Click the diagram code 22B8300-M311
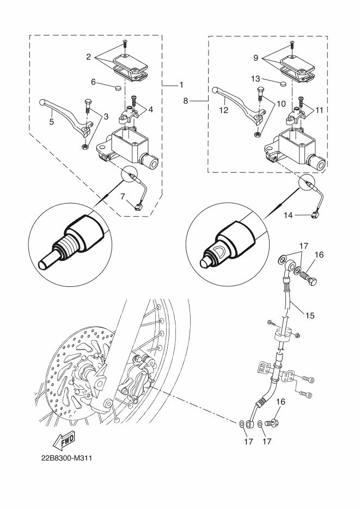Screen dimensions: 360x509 click(x=66, y=458)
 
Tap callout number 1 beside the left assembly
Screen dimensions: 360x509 click(x=181, y=85)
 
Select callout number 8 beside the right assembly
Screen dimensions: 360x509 click(x=185, y=101)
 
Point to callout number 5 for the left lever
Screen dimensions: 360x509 click(x=52, y=122)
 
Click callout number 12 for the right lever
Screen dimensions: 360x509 click(x=224, y=110)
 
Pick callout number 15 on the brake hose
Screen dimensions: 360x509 click(x=310, y=315)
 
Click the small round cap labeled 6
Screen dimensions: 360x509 click(x=118, y=87)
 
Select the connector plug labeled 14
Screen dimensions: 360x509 click(x=314, y=215)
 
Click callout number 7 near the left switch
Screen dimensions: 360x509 click(x=123, y=197)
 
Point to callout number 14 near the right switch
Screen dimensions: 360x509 click(x=288, y=215)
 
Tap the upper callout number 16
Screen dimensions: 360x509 click(x=319, y=255)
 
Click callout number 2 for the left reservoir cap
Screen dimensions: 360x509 click(x=89, y=57)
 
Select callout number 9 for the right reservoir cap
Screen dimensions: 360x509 click(x=256, y=58)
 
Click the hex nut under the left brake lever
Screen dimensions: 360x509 click(x=84, y=148)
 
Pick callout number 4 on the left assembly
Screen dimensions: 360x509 click(x=151, y=110)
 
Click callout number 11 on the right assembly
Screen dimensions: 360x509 click(x=319, y=111)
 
